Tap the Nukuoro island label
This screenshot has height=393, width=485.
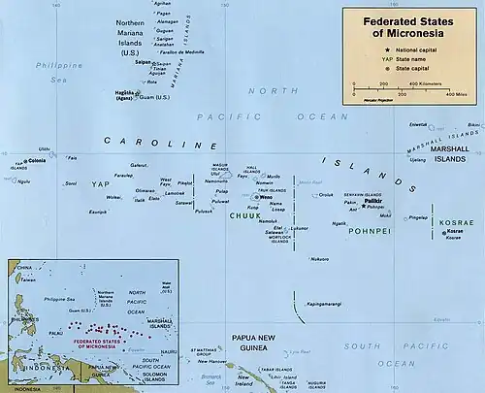pyautogui.click(x=318, y=258)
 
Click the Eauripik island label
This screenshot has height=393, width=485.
pyautogui.click(x=97, y=212)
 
